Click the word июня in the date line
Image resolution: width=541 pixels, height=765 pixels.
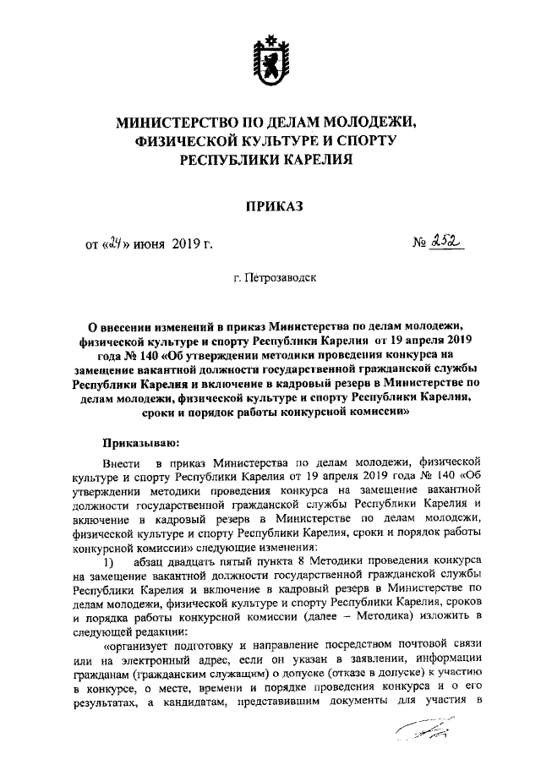click(x=149, y=245)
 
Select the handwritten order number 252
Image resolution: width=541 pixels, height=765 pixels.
click(x=448, y=243)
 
